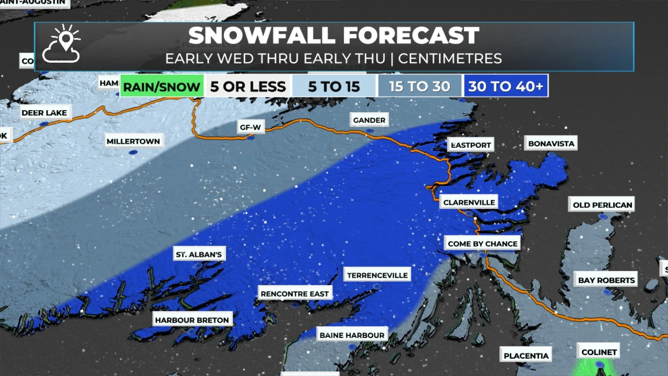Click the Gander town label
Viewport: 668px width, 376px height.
[369, 120]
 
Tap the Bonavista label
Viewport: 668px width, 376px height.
[551, 143]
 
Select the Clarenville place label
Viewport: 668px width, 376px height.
[469, 202]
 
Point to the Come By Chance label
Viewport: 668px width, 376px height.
[483, 244]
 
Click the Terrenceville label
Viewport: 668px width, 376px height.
[377, 275]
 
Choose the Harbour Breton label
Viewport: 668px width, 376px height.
[192, 320]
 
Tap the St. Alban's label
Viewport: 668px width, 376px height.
[199, 254]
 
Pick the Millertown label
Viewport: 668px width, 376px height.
[133, 141]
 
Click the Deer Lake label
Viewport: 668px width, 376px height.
[44, 112]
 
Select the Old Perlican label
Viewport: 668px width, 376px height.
[602, 205]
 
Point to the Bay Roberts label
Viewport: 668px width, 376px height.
[606, 280]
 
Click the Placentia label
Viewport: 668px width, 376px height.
[526, 355]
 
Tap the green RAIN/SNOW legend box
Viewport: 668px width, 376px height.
[162, 86]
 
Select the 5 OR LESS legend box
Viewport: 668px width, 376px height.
[248, 86]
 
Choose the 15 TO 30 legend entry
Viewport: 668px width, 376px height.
[420, 86]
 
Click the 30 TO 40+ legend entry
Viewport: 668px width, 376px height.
[506, 86]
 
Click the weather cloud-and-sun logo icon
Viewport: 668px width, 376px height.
[62, 44]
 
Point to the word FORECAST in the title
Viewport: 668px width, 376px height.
[411, 36]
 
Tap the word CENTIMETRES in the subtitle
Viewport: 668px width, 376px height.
[450, 58]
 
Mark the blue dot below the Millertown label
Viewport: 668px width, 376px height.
[133, 152]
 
